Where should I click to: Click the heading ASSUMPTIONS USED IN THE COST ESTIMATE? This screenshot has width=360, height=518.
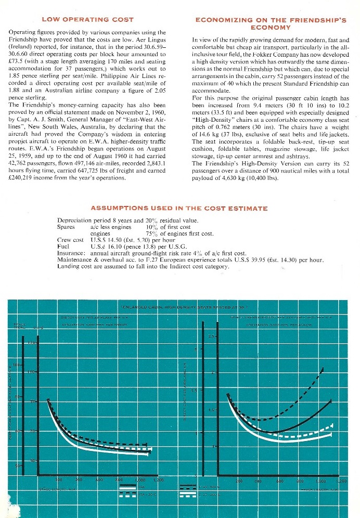(x=179, y=209)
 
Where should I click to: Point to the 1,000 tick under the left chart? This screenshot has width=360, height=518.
(x=139, y=480)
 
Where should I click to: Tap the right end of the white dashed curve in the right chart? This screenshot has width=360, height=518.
(x=331, y=426)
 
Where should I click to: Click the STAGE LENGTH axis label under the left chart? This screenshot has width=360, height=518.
(x=54, y=489)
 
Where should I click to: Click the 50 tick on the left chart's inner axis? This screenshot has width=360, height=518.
(x=34, y=461)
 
